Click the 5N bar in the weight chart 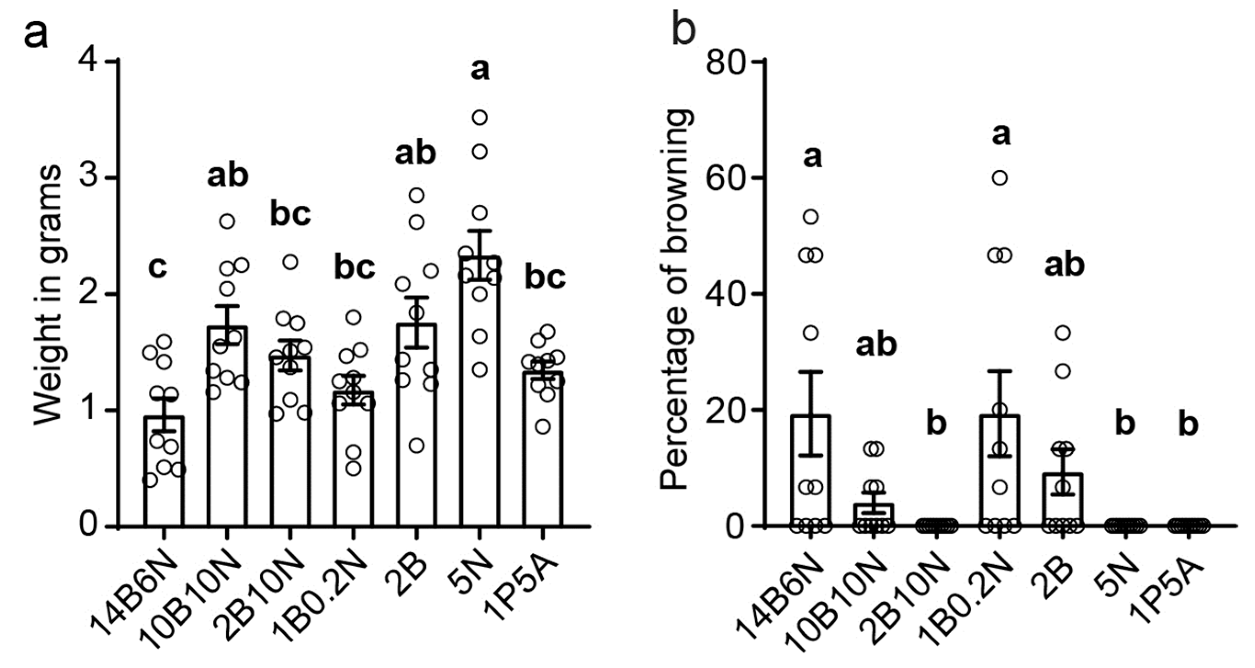(x=479, y=399)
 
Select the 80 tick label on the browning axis (x=726, y=62)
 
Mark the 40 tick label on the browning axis (x=726, y=294)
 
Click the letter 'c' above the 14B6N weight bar (x=158, y=268)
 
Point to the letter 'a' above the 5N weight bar (x=480, y=69)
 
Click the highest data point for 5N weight (x=480, y=118)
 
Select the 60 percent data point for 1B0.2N (x=1000, y=178)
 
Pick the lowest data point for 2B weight (x=416, y=445)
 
